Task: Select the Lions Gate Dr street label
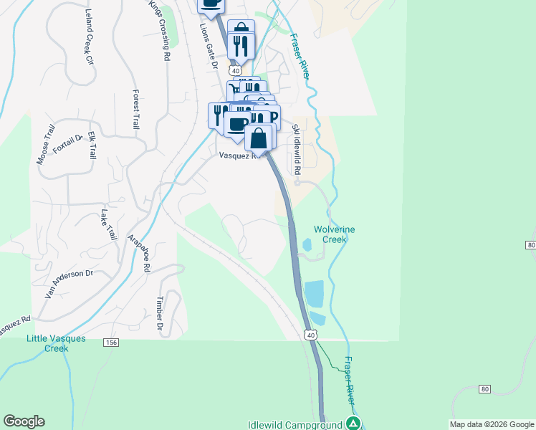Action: tap(208, 44)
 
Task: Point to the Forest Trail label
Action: tap(135, 110)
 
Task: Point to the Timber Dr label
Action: tap(161, 316)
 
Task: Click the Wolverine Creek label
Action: tap(335, 234)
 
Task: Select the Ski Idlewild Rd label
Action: tap(296, 150)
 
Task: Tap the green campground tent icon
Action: tap(353, 424)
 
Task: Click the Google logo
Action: tap(24, 421)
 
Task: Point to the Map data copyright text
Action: tap(491, 424)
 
